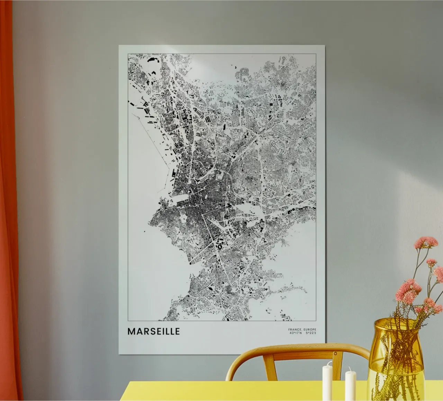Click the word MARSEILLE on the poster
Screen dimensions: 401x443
click(x=154, y=331)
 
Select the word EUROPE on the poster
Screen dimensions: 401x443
click(x=310, y=329)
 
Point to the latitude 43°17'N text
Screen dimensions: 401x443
click(x=295, y=333)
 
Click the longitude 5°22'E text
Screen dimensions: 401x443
click(x=311, y=333)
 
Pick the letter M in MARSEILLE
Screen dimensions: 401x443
click(x=132, y=331)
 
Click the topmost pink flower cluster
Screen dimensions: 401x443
click(x=425, y=242)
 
